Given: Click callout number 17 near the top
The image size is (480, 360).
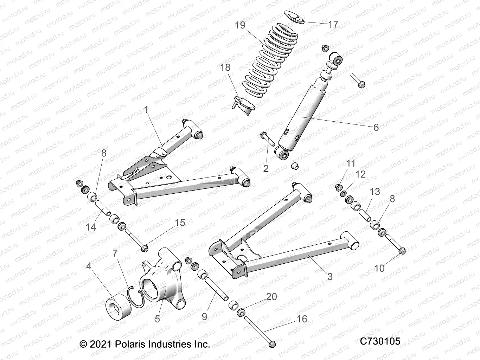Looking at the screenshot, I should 333,24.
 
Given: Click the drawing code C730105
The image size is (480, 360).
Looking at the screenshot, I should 380,341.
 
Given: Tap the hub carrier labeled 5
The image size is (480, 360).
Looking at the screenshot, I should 162,281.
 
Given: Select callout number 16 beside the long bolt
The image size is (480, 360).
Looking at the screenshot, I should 302,319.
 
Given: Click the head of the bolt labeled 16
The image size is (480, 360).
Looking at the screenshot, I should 272,343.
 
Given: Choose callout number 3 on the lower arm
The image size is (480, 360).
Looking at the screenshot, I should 330,277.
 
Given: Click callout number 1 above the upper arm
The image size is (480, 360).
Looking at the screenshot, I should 146,110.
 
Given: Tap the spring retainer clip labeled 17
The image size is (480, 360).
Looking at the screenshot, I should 295,18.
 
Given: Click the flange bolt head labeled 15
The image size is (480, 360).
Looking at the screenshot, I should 145,248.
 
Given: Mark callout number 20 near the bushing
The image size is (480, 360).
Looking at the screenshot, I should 271,297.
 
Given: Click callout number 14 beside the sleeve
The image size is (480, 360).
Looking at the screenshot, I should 91,227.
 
